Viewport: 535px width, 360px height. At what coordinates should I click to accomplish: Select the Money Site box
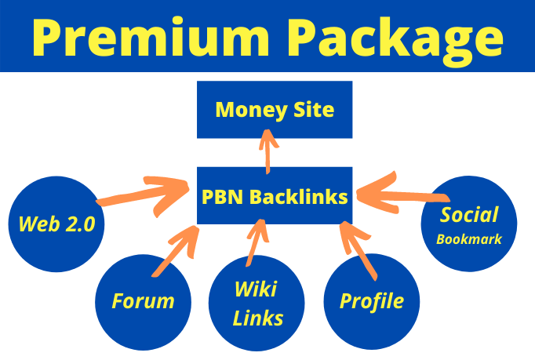274,109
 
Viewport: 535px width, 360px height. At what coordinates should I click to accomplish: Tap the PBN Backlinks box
274,196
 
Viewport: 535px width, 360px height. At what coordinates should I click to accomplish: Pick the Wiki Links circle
256,303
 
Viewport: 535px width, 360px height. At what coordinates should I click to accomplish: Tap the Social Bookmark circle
469,224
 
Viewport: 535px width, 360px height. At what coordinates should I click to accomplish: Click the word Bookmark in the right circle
469,236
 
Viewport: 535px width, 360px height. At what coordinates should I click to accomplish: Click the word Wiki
254,289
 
